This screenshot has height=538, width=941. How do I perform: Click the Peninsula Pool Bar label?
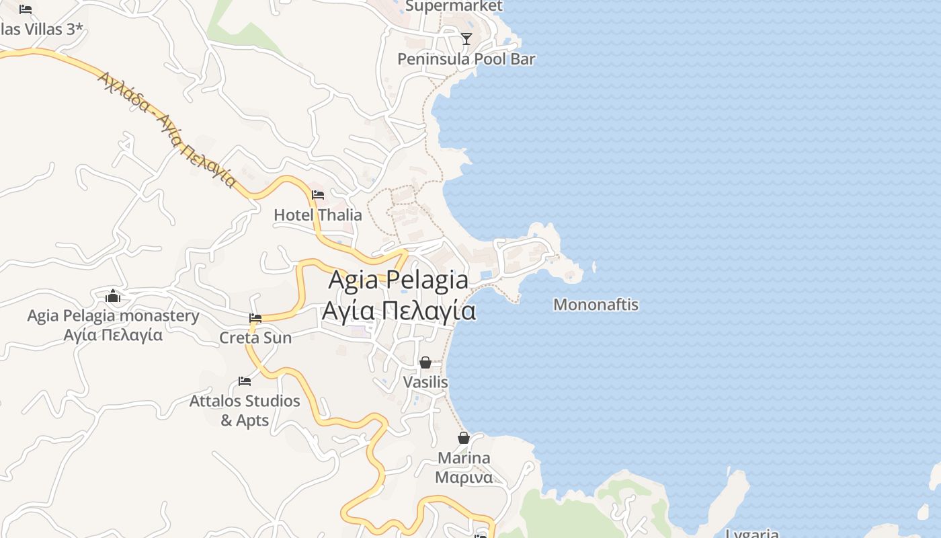[x=466, y=59]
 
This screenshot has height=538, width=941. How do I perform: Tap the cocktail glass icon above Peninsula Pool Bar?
[x=466, y=38]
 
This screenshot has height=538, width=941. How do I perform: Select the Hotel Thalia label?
[x=318, y=215]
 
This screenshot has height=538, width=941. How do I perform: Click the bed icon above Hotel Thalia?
[x=318, y=195]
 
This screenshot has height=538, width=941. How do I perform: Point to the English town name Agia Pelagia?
[x=398, y=280]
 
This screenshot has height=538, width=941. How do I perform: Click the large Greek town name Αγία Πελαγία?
[x=399, y=311]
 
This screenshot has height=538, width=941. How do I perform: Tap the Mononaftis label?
[x=596, y=305]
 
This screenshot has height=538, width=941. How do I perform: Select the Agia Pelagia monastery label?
[x=113, y=316]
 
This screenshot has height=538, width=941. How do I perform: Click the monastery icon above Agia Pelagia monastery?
[x=113, y=296]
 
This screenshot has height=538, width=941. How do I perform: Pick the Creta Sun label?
[x=255, y=338]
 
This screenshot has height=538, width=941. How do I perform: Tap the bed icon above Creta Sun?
[x=255, y=317]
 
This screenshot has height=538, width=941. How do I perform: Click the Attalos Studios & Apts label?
[x=245, y=410]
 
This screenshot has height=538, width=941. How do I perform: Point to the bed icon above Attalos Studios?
[x=245, y=381]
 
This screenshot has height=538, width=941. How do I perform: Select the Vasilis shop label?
[x=425, y=382]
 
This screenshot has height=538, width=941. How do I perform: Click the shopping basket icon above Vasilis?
[x=425, y=362]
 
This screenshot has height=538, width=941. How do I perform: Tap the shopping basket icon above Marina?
[x=464, y=438]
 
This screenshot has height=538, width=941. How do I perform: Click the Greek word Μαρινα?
[x=464, y=477]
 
